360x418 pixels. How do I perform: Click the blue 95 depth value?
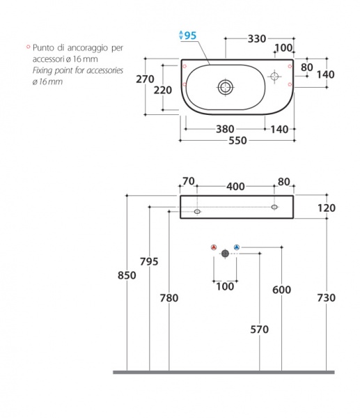click(x=191, y=36)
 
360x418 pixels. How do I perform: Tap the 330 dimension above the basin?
click(x=257, y=39)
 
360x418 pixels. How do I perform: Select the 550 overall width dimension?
click(x=237, y=141)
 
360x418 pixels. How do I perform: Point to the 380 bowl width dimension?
click(x=225, y=130)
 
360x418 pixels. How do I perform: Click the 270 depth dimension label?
click(x=145, y=79)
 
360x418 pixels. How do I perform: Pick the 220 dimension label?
click(x=162, y=91)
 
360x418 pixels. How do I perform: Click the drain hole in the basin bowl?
click(x=226, y=87)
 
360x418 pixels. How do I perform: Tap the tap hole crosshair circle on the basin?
click(x=274, y=76)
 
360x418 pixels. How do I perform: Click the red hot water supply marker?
click(x=214, y=247)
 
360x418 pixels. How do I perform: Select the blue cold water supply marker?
click(x=237, y=247)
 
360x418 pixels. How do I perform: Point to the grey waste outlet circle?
click(x=225, y=254)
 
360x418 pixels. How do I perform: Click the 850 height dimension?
click(x=127, y=275)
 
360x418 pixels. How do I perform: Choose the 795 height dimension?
click(x=149, y=262)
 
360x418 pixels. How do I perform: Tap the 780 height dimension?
click(x=169, y=298)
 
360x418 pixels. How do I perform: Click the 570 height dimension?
click(x=259, y=330)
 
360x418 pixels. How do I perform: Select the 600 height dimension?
click(x=281, y=290)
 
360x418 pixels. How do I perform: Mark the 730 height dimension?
click(x=327, y=297)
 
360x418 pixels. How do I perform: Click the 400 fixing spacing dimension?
click(x=235, y=187)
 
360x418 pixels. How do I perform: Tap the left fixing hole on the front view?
click(x=197, y=212)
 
